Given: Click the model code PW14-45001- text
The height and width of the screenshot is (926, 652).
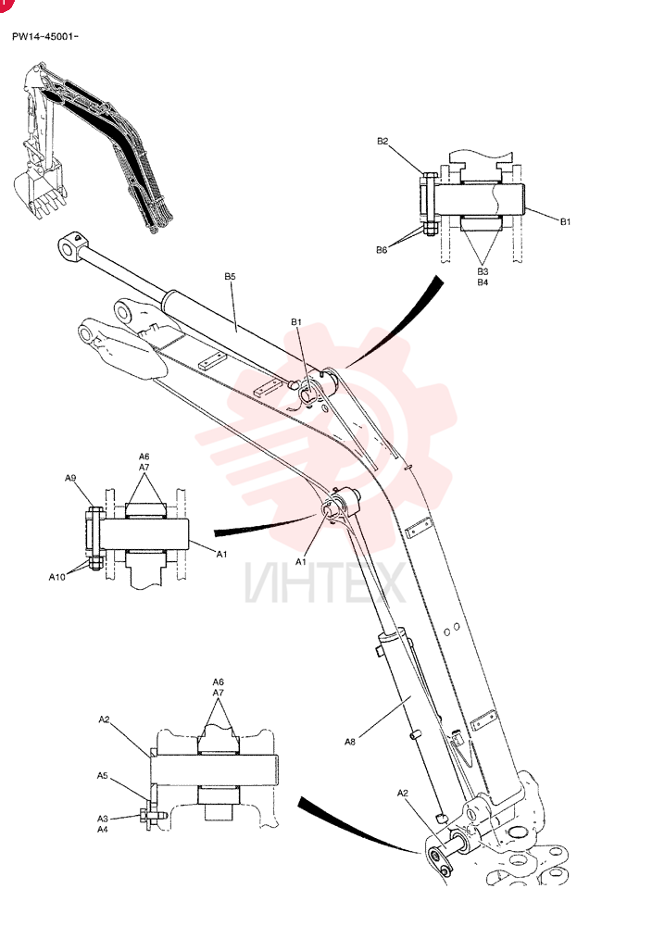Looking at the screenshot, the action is [44, 37].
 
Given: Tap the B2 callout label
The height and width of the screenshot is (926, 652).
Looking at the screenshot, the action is [382, 141].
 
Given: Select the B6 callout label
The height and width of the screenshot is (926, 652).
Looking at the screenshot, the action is [382, 250].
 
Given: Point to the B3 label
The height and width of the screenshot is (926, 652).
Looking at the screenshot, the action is [483, 271].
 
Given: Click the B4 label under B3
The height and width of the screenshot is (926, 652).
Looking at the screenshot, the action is [483, 282].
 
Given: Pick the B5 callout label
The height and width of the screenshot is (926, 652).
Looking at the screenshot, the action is [231, 276].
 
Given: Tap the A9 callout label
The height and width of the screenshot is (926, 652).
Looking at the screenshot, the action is [70, 479].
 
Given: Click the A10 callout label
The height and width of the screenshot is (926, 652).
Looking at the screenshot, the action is [56, 577].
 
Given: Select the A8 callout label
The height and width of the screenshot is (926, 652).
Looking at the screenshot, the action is [350, 742].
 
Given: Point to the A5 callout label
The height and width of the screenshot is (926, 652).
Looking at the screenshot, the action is [103, 775].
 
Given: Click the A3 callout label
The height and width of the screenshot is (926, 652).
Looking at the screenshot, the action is [103, 819].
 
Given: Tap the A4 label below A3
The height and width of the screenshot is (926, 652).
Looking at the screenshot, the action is [103, 829].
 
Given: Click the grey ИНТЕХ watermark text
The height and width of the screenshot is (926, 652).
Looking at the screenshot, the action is [325, 582].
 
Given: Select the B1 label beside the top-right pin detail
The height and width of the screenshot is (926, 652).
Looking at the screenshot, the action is [565, 221].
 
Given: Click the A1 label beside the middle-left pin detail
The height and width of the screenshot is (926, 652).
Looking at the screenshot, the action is [222, 554].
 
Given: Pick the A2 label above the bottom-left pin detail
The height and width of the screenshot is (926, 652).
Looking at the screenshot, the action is [105, 720].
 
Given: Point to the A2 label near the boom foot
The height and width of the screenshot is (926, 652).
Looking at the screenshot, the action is [402, 794].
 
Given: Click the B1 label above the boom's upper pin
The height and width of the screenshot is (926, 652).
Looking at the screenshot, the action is [295, 322].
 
